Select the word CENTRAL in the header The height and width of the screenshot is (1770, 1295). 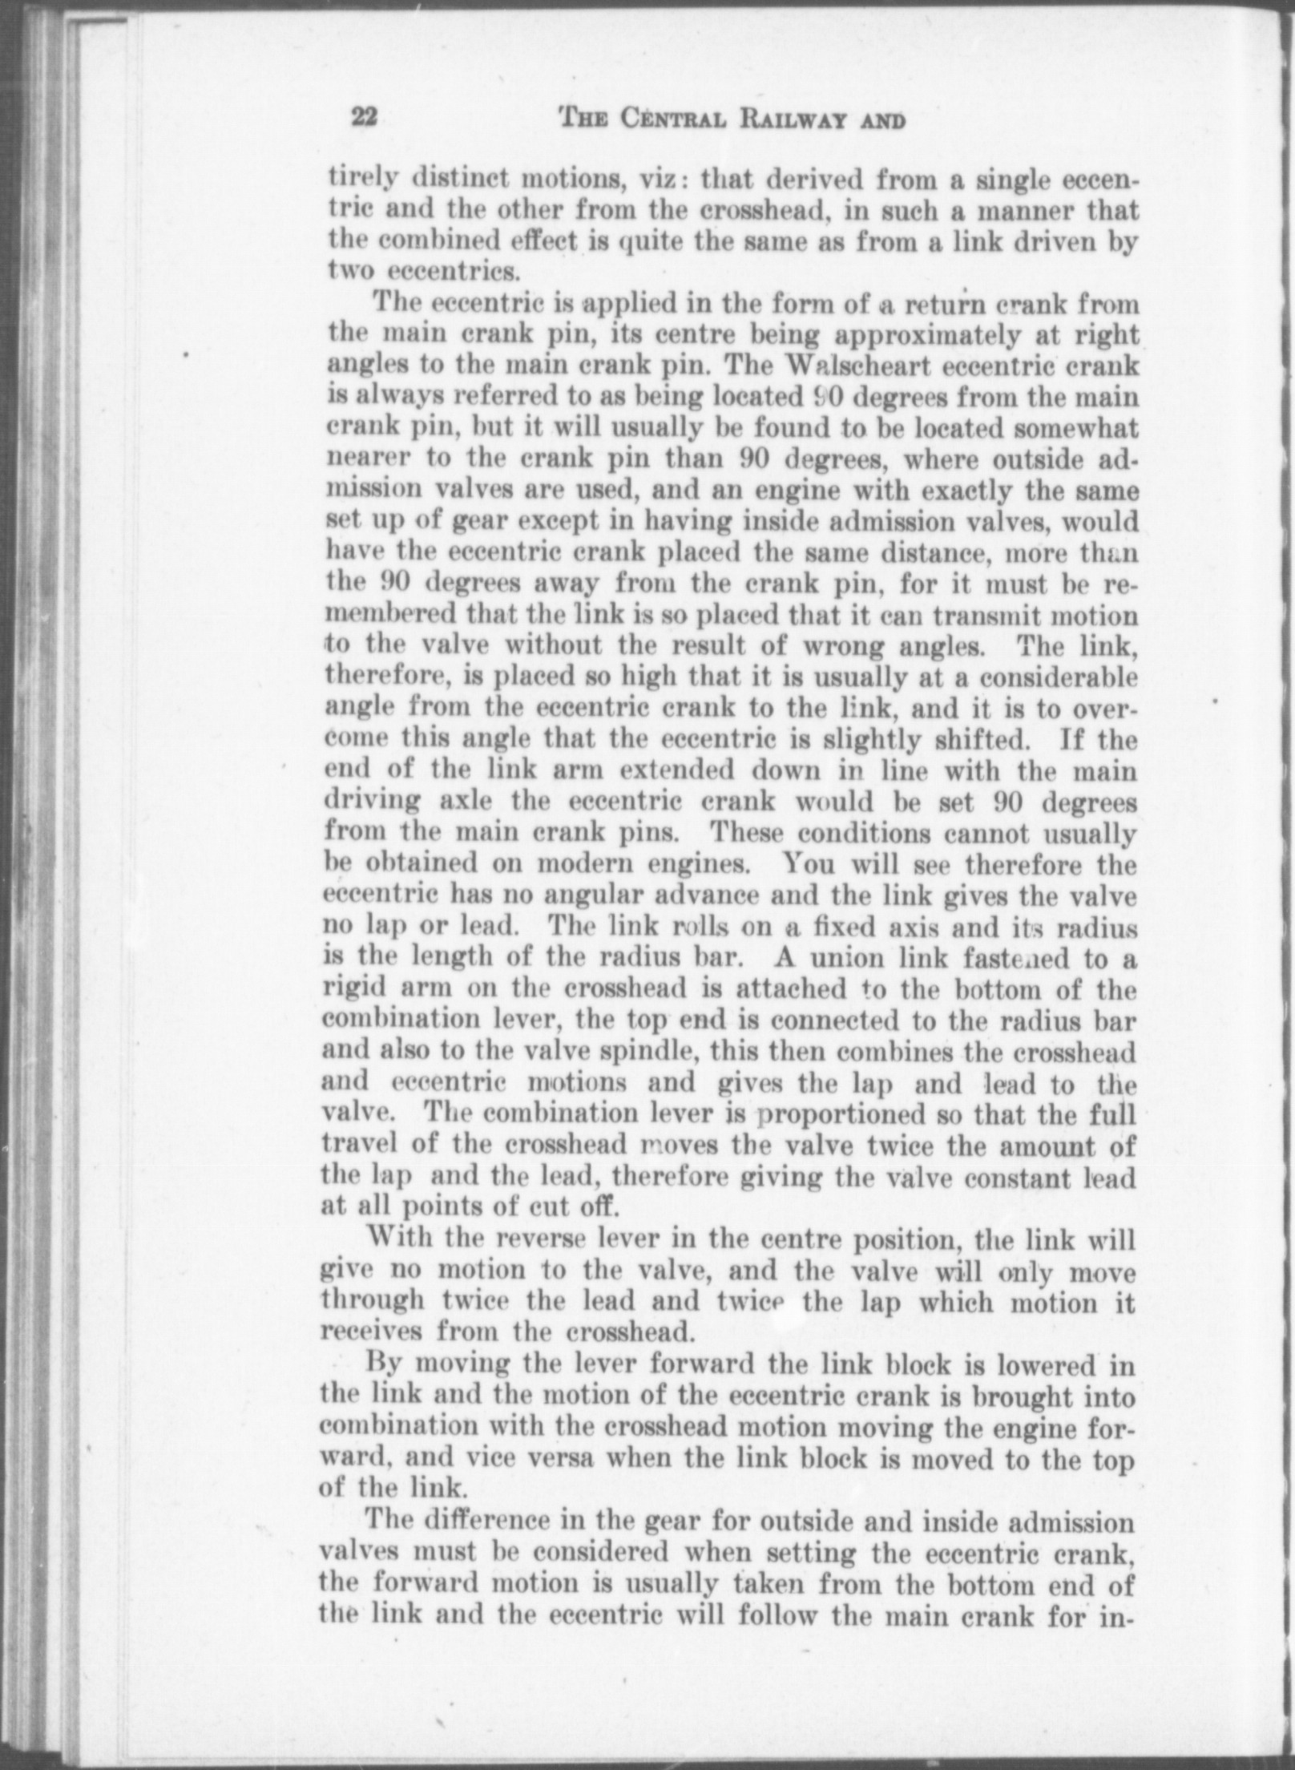point(664,120)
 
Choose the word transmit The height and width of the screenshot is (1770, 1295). point(1001,616)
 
